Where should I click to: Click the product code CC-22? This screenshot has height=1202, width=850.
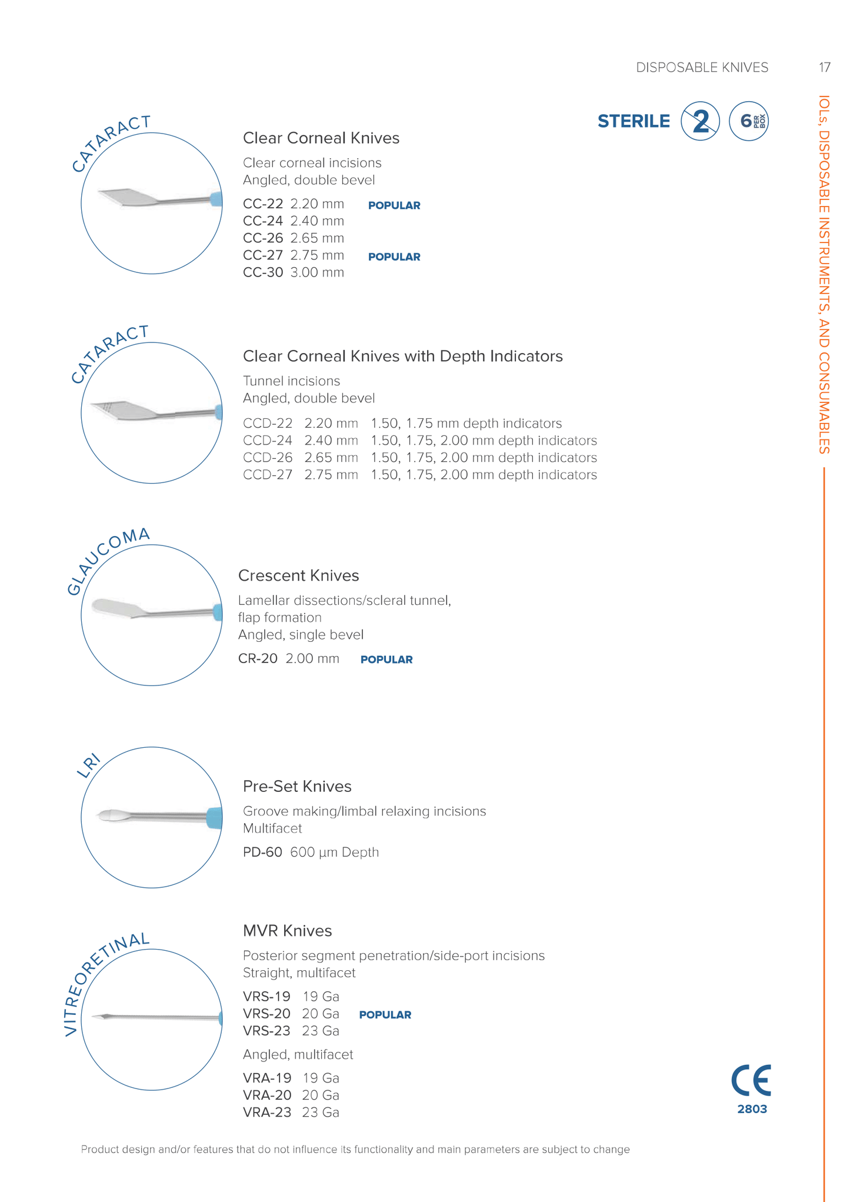tap(263, 204)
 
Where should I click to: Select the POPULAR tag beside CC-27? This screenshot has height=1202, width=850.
tap(394, 257)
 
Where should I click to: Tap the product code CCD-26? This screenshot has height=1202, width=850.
tap(268, 458)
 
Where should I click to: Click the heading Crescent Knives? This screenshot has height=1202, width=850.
tap(298, 575)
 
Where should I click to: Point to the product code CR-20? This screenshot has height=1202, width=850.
tap(258, 659)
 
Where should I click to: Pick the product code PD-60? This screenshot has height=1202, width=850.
tap(262, 853)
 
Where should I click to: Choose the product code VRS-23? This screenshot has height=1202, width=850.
tap(266, 1031)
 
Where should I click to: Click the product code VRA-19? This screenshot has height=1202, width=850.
tap(267, 1078)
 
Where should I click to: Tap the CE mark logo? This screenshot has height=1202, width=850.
tap(751, 1081)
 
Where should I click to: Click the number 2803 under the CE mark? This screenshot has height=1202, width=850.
tap(752, 1109)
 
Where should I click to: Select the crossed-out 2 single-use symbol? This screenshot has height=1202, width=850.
tap(700, 122)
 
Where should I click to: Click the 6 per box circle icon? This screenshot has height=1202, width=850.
tap(748, 122)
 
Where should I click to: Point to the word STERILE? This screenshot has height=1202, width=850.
tap(634, 122)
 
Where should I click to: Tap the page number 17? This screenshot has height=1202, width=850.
tap(824, 68)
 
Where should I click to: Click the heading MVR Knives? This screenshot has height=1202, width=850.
tap(287, 931)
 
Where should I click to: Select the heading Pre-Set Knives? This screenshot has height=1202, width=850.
tap(297, 787)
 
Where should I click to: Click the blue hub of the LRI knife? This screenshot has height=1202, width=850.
tap(215, 818)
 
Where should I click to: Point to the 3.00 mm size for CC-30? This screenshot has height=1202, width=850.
tap(317, 273)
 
